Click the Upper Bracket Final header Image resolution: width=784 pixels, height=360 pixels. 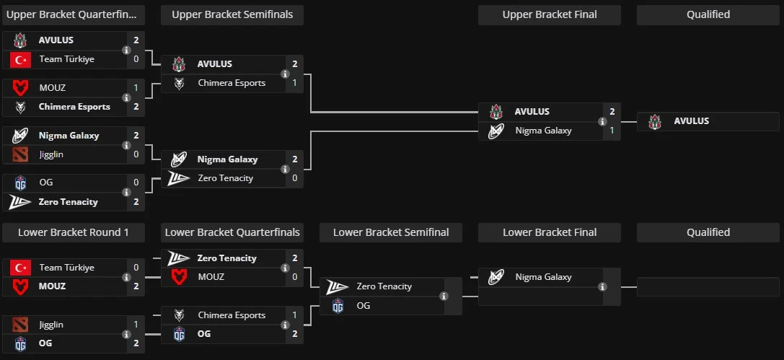point(549,14)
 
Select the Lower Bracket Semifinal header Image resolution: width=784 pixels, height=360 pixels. point(390,232)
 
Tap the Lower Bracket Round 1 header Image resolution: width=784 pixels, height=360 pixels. point(73,232)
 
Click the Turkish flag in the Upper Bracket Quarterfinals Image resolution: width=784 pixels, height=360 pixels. point(20,59)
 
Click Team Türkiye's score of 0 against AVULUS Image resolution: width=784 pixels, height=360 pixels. point(136,59)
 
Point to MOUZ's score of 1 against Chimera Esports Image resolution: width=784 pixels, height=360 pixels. point(136,88)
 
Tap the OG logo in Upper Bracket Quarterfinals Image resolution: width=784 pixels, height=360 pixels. point(20,183)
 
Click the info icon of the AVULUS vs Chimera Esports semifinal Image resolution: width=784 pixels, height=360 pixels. point(285,74)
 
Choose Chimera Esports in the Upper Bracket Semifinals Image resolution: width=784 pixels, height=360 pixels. point(231,83)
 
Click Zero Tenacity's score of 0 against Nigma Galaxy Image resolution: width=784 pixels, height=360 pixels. point(294,178)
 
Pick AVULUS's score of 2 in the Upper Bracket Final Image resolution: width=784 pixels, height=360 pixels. point(612,112)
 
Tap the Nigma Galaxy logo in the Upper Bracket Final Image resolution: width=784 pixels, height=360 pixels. point(495,131)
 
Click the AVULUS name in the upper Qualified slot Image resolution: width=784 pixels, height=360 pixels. point(691,121)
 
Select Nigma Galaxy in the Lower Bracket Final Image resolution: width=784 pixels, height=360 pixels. point(543,277)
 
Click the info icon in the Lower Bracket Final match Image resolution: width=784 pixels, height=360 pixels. point(602,286)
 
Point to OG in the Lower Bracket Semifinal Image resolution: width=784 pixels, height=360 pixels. point(363,305)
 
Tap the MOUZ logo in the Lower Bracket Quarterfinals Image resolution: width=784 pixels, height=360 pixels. point(179,277)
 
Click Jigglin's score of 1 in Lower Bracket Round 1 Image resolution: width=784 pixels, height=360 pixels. point(136,325)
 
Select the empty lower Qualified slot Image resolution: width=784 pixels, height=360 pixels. point(708,286)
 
